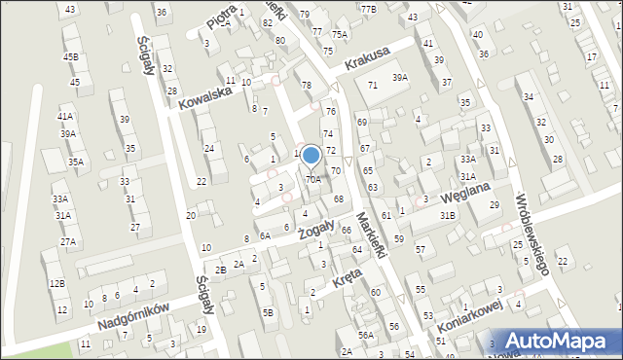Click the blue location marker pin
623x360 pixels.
pyautogui.click(x=311, y=156)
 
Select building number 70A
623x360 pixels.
pyautogui.click(x=312, y=179)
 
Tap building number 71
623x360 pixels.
pyautogui.click(x=372, y=86)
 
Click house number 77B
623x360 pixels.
pyautogui.click(x=368, y=9)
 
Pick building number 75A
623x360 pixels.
pyautogui.click(x=339, y=34)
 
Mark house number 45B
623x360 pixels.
pyautogui.click(x=71, y=57)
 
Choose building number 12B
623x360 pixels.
pyautogui.click(x=57, y=283)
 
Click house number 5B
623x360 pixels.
pyautogui.click(x=268, y=312)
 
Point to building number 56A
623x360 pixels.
pyautogui.click(x=365, y=335)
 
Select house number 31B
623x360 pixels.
pyautogui.click(x=447, y=215)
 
